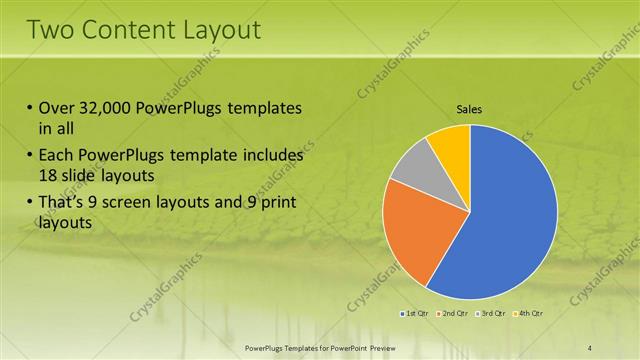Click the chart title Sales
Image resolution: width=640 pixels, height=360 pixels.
469,109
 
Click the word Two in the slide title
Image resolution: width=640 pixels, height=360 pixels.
49,30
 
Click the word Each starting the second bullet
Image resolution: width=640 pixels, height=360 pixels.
57,157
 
